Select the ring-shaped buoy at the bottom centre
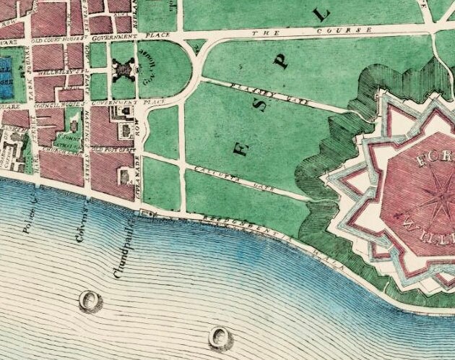(220, 335)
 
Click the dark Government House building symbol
(124, 71)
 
